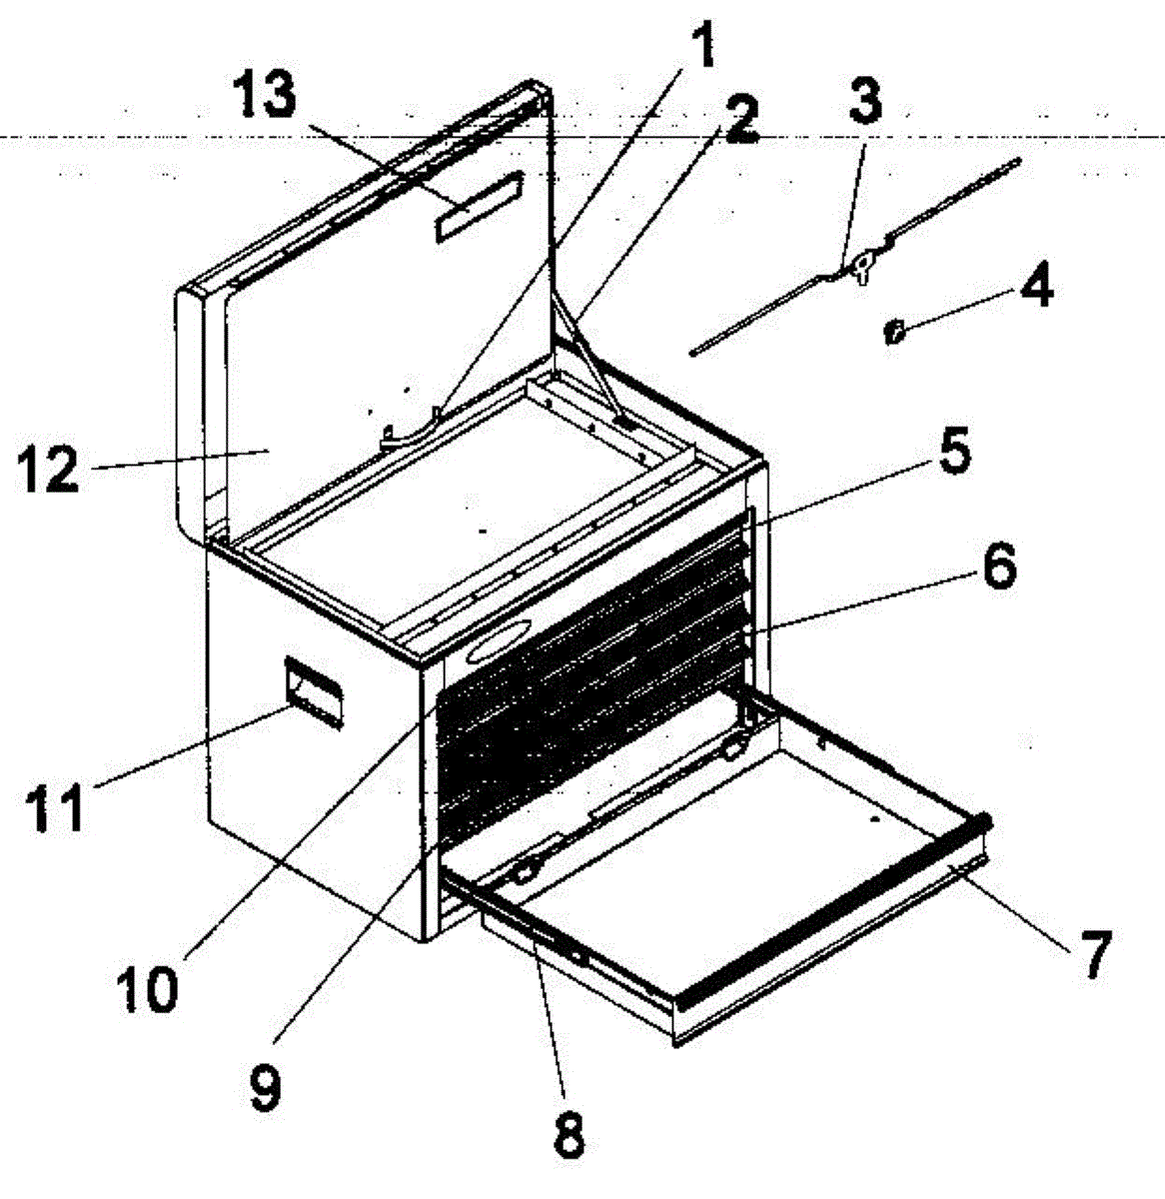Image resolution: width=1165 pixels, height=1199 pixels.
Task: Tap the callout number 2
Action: [x=738, y=122]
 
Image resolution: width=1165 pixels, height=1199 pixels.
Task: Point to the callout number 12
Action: [x=47, y=469]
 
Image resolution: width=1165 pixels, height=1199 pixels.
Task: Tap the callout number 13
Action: [x=265, y=98]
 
